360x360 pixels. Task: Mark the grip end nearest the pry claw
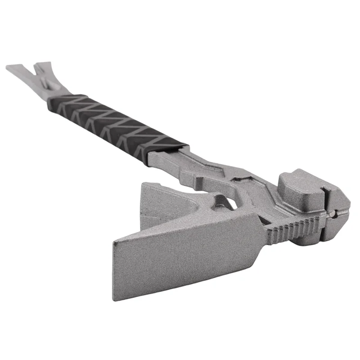(56, 101)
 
